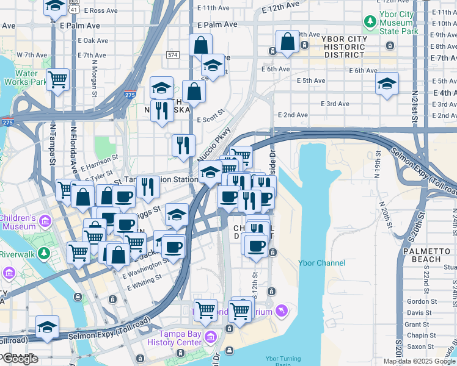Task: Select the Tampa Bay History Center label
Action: coord(180,337)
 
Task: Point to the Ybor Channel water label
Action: coord(322,263)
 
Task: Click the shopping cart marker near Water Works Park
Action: coord(57,79)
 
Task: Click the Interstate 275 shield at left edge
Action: coord(7,122)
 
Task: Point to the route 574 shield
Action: coord(172,55)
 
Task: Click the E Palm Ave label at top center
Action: coord(217,25)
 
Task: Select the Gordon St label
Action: coord(421,301)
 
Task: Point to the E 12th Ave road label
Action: coord(283,7)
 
